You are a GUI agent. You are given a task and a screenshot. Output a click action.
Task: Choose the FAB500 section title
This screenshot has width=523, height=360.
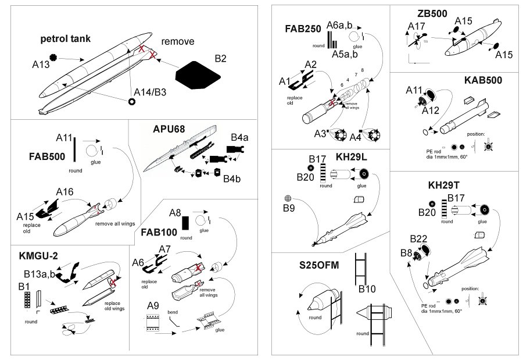[48, 157]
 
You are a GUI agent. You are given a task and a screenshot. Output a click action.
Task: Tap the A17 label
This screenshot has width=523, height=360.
[416, 27]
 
